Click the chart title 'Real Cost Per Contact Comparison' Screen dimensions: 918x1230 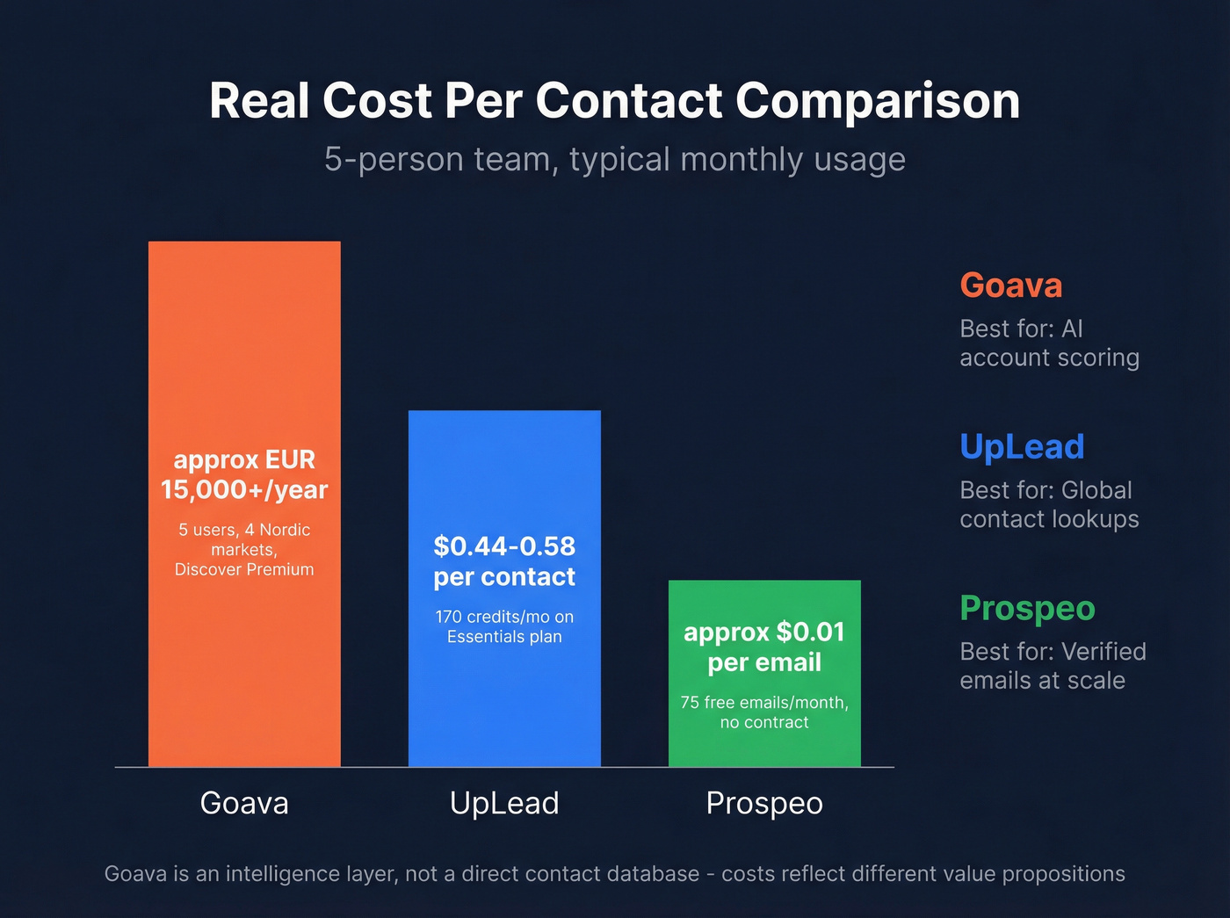click(614, 100)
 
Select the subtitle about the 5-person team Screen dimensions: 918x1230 click(614, 160)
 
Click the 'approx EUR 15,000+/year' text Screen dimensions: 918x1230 click(244, 474)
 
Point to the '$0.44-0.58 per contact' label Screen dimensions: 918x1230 click(504, 561)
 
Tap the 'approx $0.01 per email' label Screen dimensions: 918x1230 click(764, 647)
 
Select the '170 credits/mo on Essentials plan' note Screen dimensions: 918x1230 click(504, 626)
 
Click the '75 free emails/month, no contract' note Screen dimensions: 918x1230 click(764, 712)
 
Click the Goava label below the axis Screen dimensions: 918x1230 click(244, 803)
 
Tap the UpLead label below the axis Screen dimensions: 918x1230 click(504, 803)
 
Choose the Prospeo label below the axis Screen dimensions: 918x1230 click(764, 803)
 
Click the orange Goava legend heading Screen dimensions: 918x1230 click(1011, 286)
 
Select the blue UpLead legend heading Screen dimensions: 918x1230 click(1022, 447)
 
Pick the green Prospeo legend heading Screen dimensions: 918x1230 click(1027, 608)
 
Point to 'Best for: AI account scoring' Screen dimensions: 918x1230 click(1049, 343)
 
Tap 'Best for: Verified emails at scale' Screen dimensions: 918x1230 click(1053, 666)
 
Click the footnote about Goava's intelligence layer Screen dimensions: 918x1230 click(614, 874)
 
